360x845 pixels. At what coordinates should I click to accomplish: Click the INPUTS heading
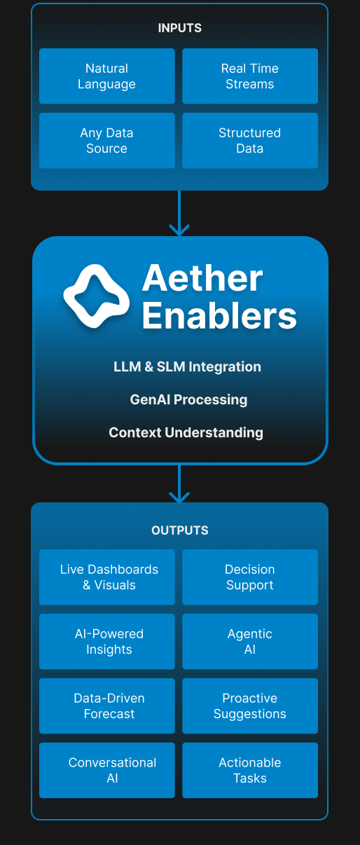pos(180,28)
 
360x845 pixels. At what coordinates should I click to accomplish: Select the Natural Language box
pos(107,76)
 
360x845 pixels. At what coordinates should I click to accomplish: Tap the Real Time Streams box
pos(250,76)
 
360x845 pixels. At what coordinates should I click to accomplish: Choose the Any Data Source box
pos(107,141)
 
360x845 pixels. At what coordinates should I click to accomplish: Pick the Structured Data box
pos(250,141)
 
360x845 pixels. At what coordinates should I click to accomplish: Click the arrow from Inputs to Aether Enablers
pos(179,213)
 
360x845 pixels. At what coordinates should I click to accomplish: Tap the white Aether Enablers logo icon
pos(97,296)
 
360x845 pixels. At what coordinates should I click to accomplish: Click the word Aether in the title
pos(202,278)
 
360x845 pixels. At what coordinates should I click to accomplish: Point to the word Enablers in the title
pos(219,316)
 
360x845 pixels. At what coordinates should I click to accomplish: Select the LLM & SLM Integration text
pos(187,366)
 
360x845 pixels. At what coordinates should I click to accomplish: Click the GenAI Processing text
pos(188,399)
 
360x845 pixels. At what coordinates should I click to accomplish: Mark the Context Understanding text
pos(186,432)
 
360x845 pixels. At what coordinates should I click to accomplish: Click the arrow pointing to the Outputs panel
pos(179,483)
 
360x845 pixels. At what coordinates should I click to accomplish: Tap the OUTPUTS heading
pos(180,530)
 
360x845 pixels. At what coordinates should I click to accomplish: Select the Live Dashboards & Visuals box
pos(107,577)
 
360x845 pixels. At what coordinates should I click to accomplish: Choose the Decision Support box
pos(250,577)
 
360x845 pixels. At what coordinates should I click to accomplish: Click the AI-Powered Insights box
pos(107,642)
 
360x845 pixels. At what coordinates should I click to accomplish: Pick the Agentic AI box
pos(250,642)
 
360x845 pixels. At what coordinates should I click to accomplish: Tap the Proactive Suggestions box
pos(250,706)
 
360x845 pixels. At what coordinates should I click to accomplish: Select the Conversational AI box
pos(107,770)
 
